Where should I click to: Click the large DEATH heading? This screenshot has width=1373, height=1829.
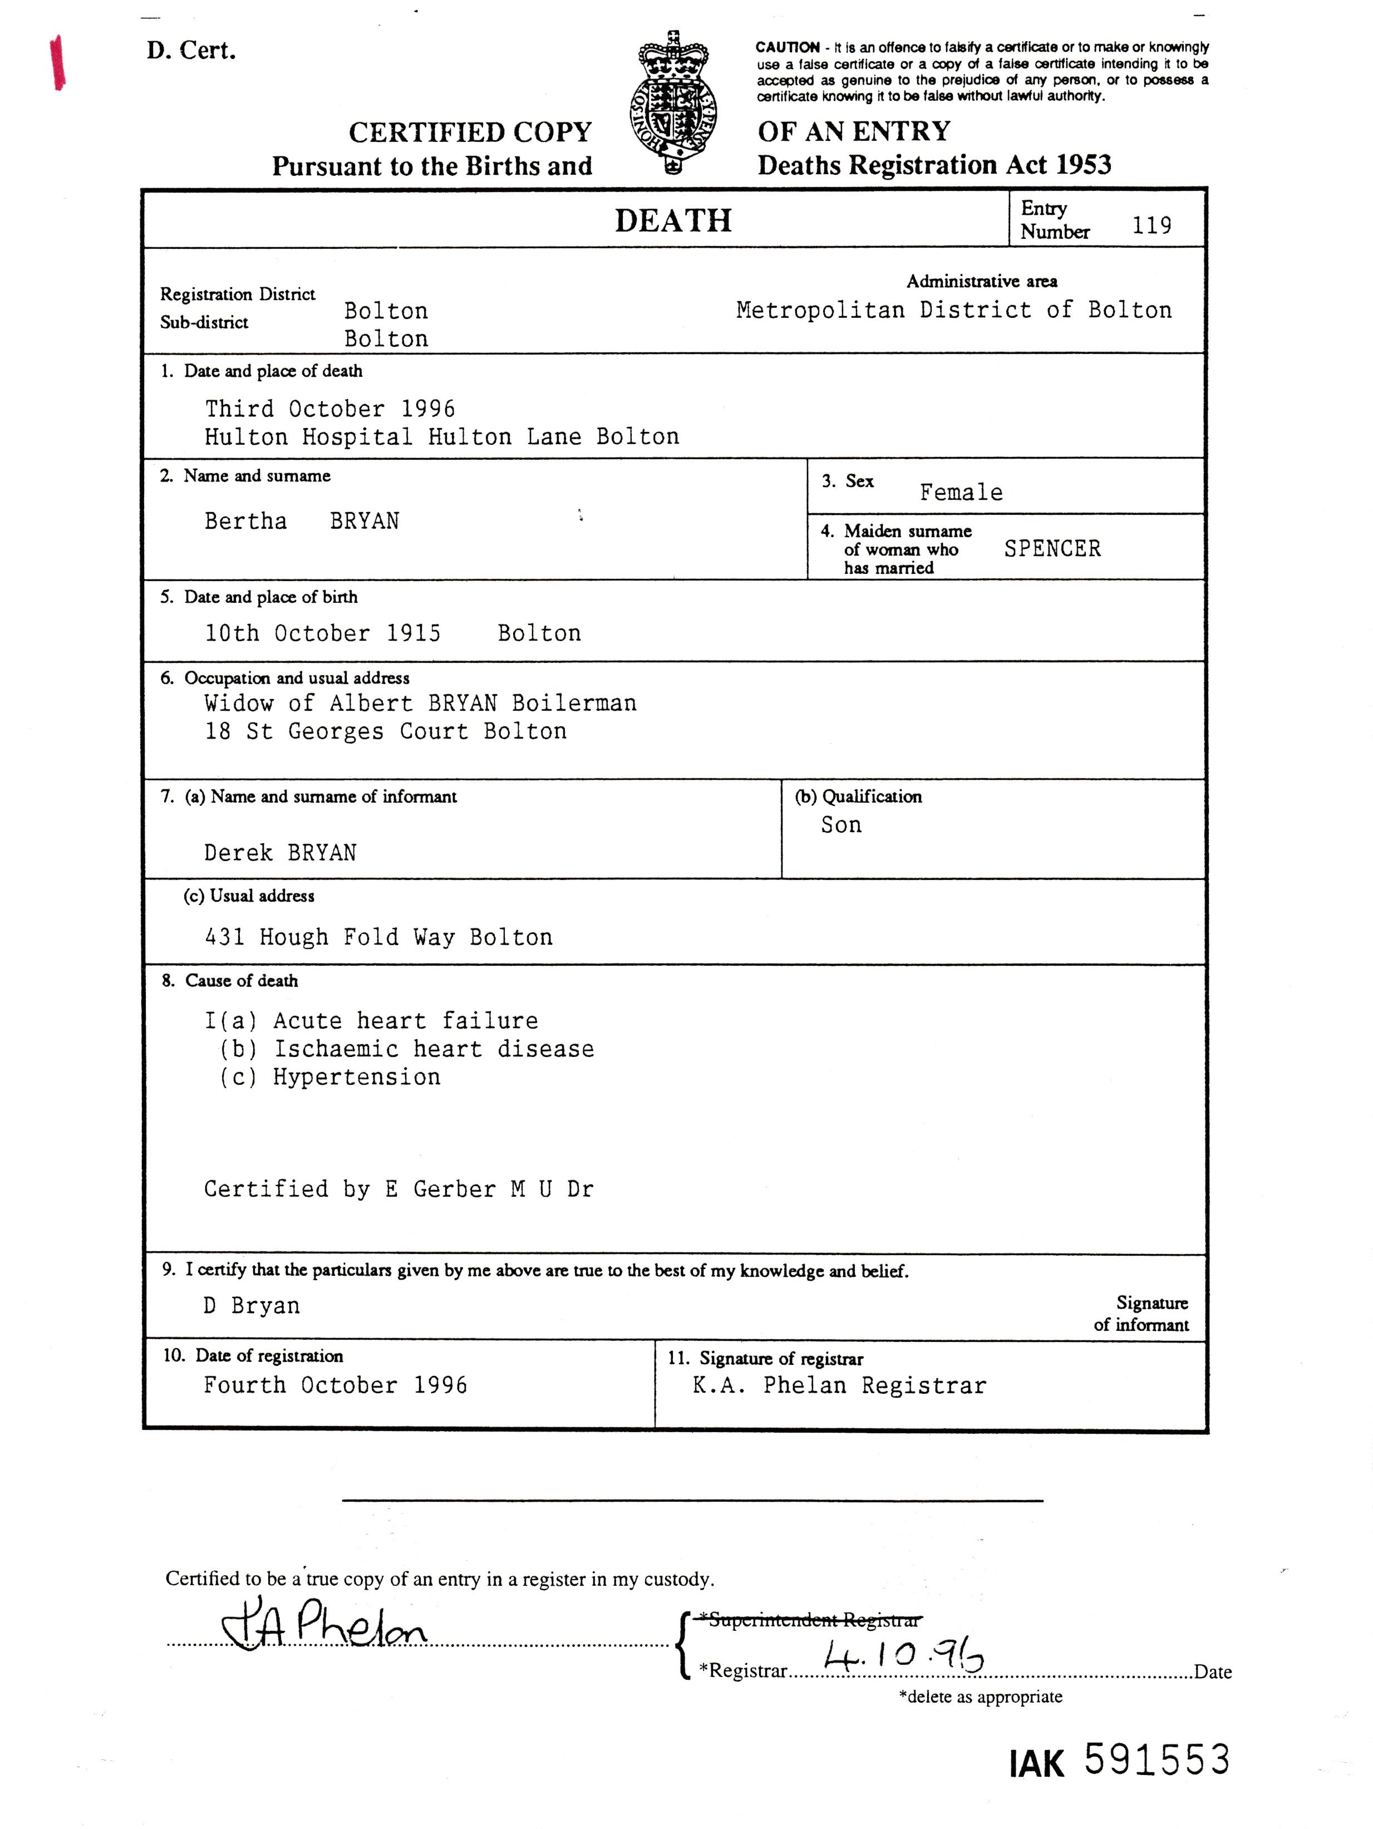673,221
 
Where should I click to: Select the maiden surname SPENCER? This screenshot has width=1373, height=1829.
1052,549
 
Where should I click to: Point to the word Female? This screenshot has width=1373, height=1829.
961,493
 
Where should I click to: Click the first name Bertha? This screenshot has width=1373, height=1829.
245,521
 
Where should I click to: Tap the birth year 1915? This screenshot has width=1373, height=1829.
414,633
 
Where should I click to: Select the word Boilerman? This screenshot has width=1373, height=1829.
574,704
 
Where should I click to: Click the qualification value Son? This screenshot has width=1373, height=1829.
840,825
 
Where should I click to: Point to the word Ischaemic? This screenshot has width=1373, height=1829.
336,1049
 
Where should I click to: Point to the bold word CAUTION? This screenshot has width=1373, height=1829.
787,47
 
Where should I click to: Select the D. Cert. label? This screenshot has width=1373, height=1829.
191,51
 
